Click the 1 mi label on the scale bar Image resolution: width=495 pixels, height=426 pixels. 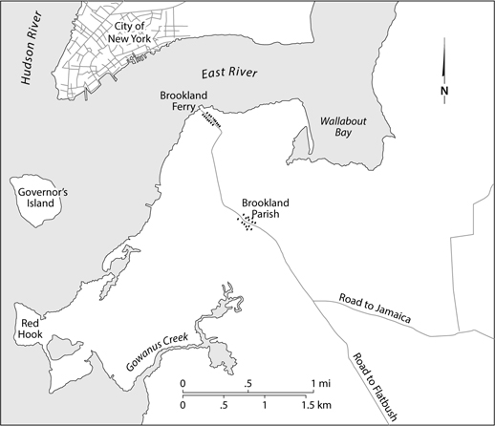318,383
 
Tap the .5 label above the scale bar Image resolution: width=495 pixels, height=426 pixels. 249,383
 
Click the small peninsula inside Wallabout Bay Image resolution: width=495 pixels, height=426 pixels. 298,147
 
